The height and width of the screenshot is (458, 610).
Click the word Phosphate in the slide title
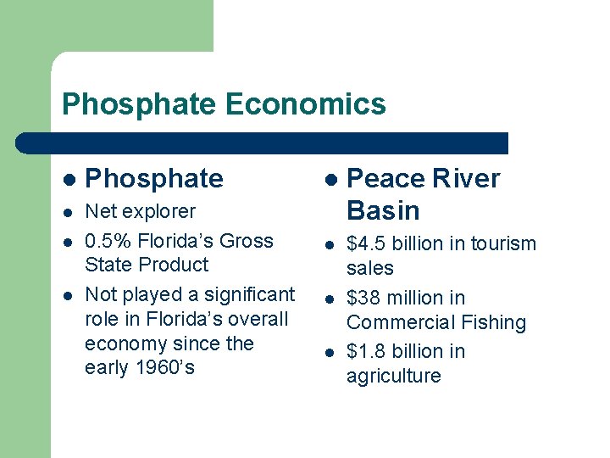pos(140,104)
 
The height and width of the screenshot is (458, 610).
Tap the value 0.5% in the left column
pos(108,241)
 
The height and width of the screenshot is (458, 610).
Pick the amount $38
pos(364,298)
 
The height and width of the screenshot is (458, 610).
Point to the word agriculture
pos(393,376)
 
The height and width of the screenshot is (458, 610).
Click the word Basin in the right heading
pos(383,209)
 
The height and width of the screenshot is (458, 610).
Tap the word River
pos(466,179)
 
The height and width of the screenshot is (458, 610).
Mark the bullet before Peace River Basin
pos(330,180)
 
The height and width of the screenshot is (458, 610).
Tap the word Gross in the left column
pos(246,241)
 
